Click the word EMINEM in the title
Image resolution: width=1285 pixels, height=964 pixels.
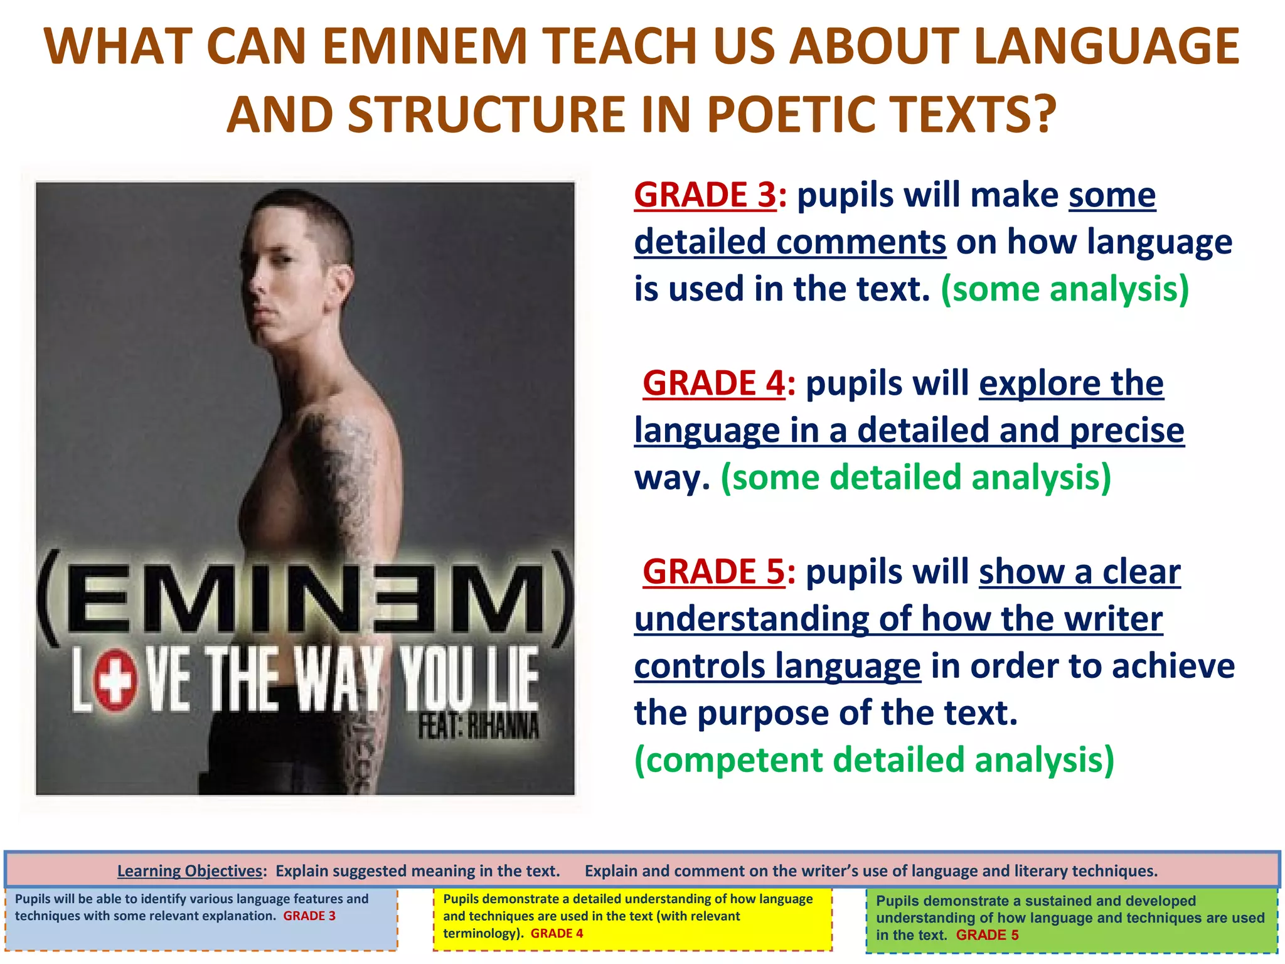coord(425,46)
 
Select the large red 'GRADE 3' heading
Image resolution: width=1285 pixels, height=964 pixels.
coord(705,195)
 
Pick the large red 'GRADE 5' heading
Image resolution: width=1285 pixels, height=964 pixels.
coord(713,572)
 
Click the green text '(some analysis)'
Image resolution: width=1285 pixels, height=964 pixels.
coord(1065,289)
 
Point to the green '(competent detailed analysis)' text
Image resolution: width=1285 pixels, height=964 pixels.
coord(874,760)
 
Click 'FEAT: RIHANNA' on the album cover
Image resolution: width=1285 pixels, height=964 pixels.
coord(478,727)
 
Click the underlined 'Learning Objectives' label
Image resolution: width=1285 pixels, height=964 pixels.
coord(189,871)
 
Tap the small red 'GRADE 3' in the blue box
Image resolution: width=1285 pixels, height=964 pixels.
coord(309,916)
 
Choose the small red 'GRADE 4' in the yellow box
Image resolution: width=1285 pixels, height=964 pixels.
coord(557,933)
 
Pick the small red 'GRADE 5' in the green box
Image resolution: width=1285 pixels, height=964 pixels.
coord(987,935)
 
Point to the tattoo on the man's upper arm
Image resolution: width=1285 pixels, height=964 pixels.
coord(342,464)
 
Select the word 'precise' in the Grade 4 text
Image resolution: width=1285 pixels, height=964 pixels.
coord(1127,431)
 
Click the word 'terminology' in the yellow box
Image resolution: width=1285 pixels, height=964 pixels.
coord(481,933)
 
